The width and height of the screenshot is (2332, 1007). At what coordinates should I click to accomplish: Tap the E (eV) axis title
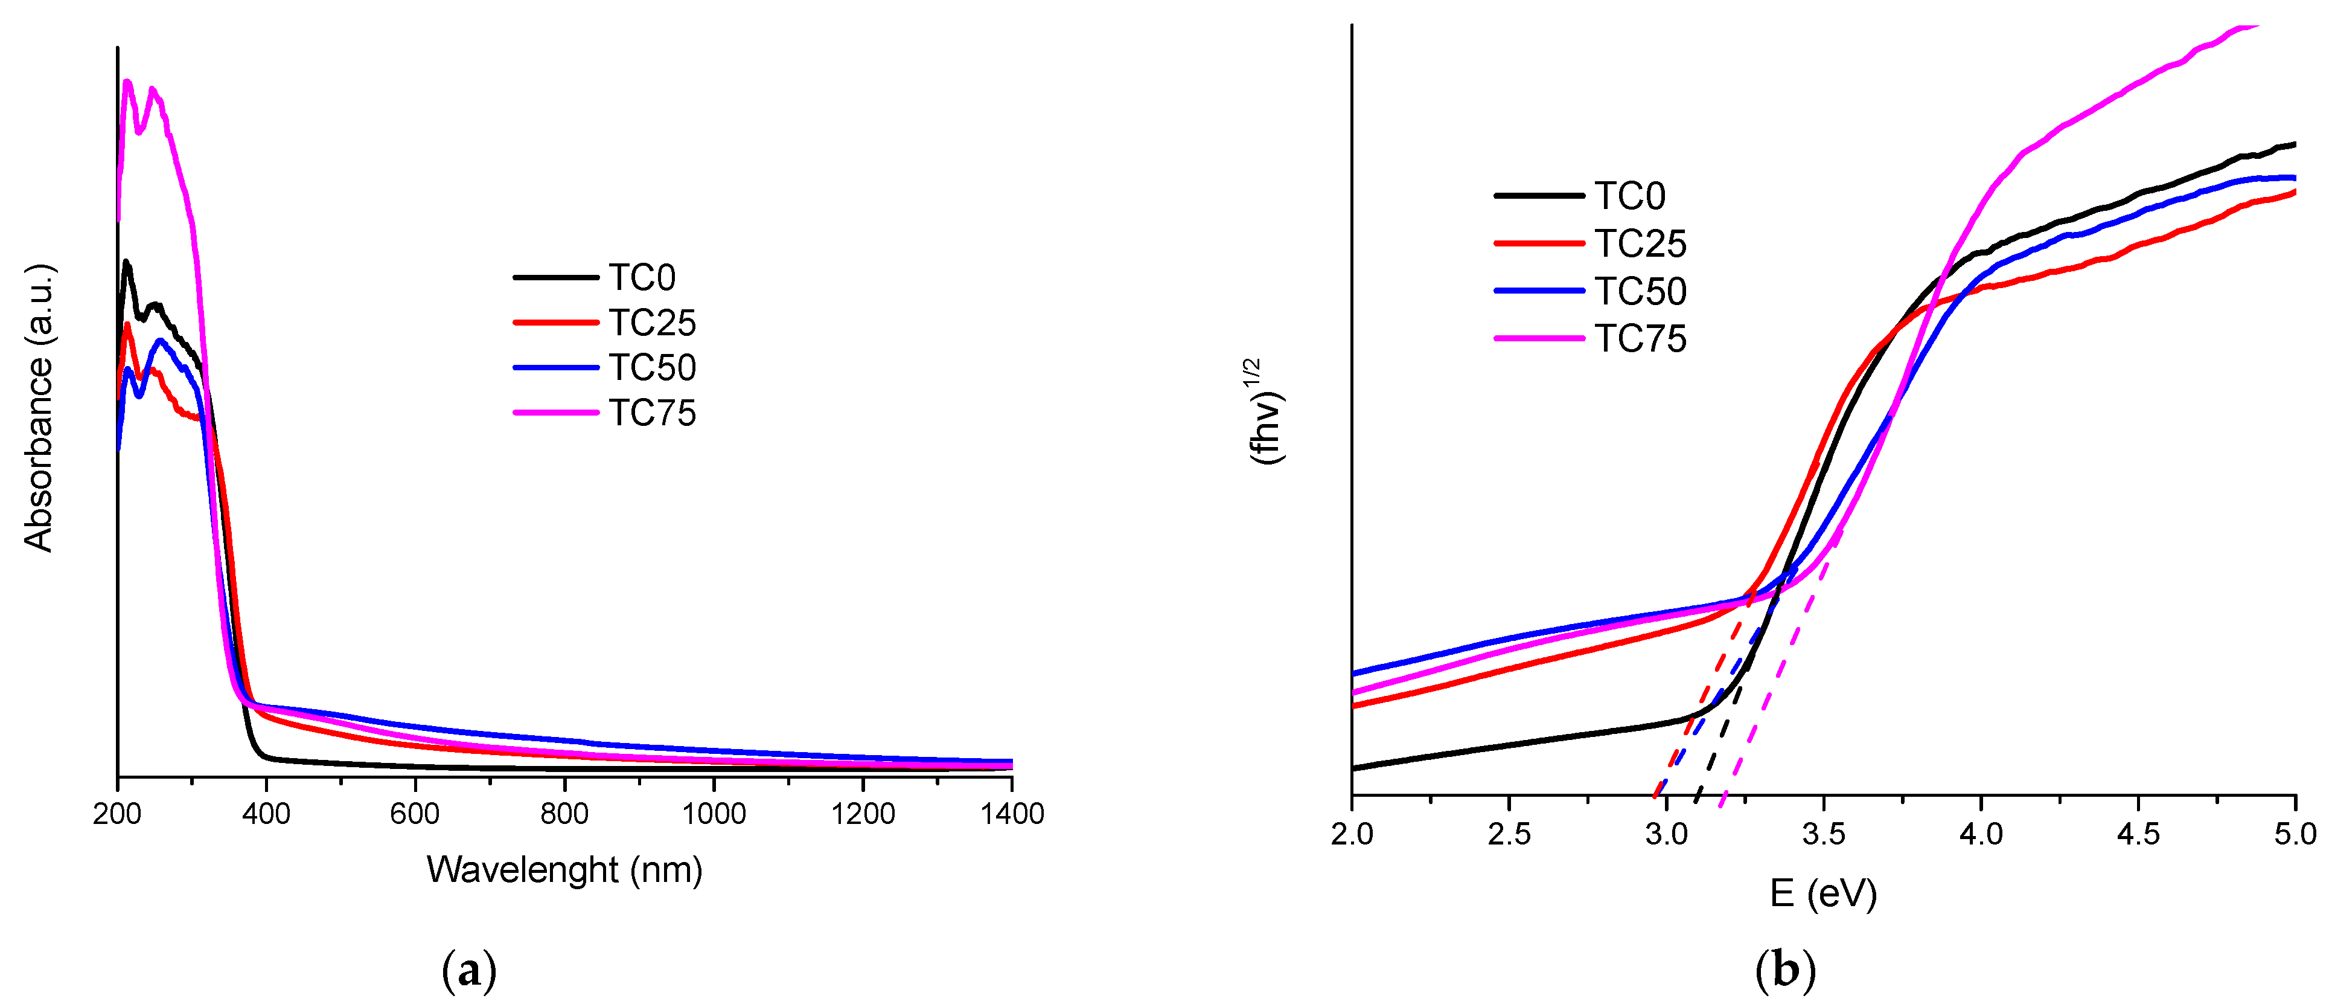(x=1823, y=895)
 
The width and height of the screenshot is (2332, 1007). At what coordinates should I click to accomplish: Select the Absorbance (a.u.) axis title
(x=39, y=408)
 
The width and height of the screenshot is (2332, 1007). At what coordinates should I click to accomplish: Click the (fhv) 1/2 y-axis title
(x=1267, y=412)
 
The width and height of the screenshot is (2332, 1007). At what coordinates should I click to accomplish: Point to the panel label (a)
(x=469, y=972)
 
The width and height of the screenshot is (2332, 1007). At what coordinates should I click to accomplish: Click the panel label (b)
(x=1785, y=972)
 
